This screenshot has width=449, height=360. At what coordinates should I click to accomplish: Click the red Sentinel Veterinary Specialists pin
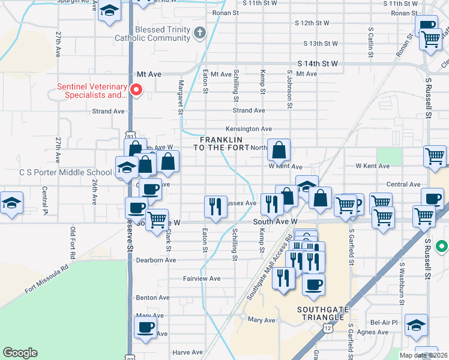[136, 91]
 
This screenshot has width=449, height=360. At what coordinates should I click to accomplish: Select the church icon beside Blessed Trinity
[200, 34]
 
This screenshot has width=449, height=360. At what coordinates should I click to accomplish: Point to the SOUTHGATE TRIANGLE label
[322, 314]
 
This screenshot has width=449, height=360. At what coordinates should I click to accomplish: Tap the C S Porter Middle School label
[57, 172]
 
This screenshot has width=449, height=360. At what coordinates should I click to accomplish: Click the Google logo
[20, 353]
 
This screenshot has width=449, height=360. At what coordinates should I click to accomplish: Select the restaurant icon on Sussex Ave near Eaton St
[215, 206]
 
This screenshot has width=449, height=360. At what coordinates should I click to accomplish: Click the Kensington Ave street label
[249, 128]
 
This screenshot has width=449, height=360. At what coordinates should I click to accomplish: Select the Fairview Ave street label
[202, 278]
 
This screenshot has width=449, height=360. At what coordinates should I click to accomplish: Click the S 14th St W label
[318, 63]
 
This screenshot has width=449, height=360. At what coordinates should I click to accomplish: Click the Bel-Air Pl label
[384, 322]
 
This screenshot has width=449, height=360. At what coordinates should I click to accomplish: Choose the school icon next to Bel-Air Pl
[416, 324]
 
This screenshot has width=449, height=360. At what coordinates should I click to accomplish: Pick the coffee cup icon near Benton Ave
[145, 328]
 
